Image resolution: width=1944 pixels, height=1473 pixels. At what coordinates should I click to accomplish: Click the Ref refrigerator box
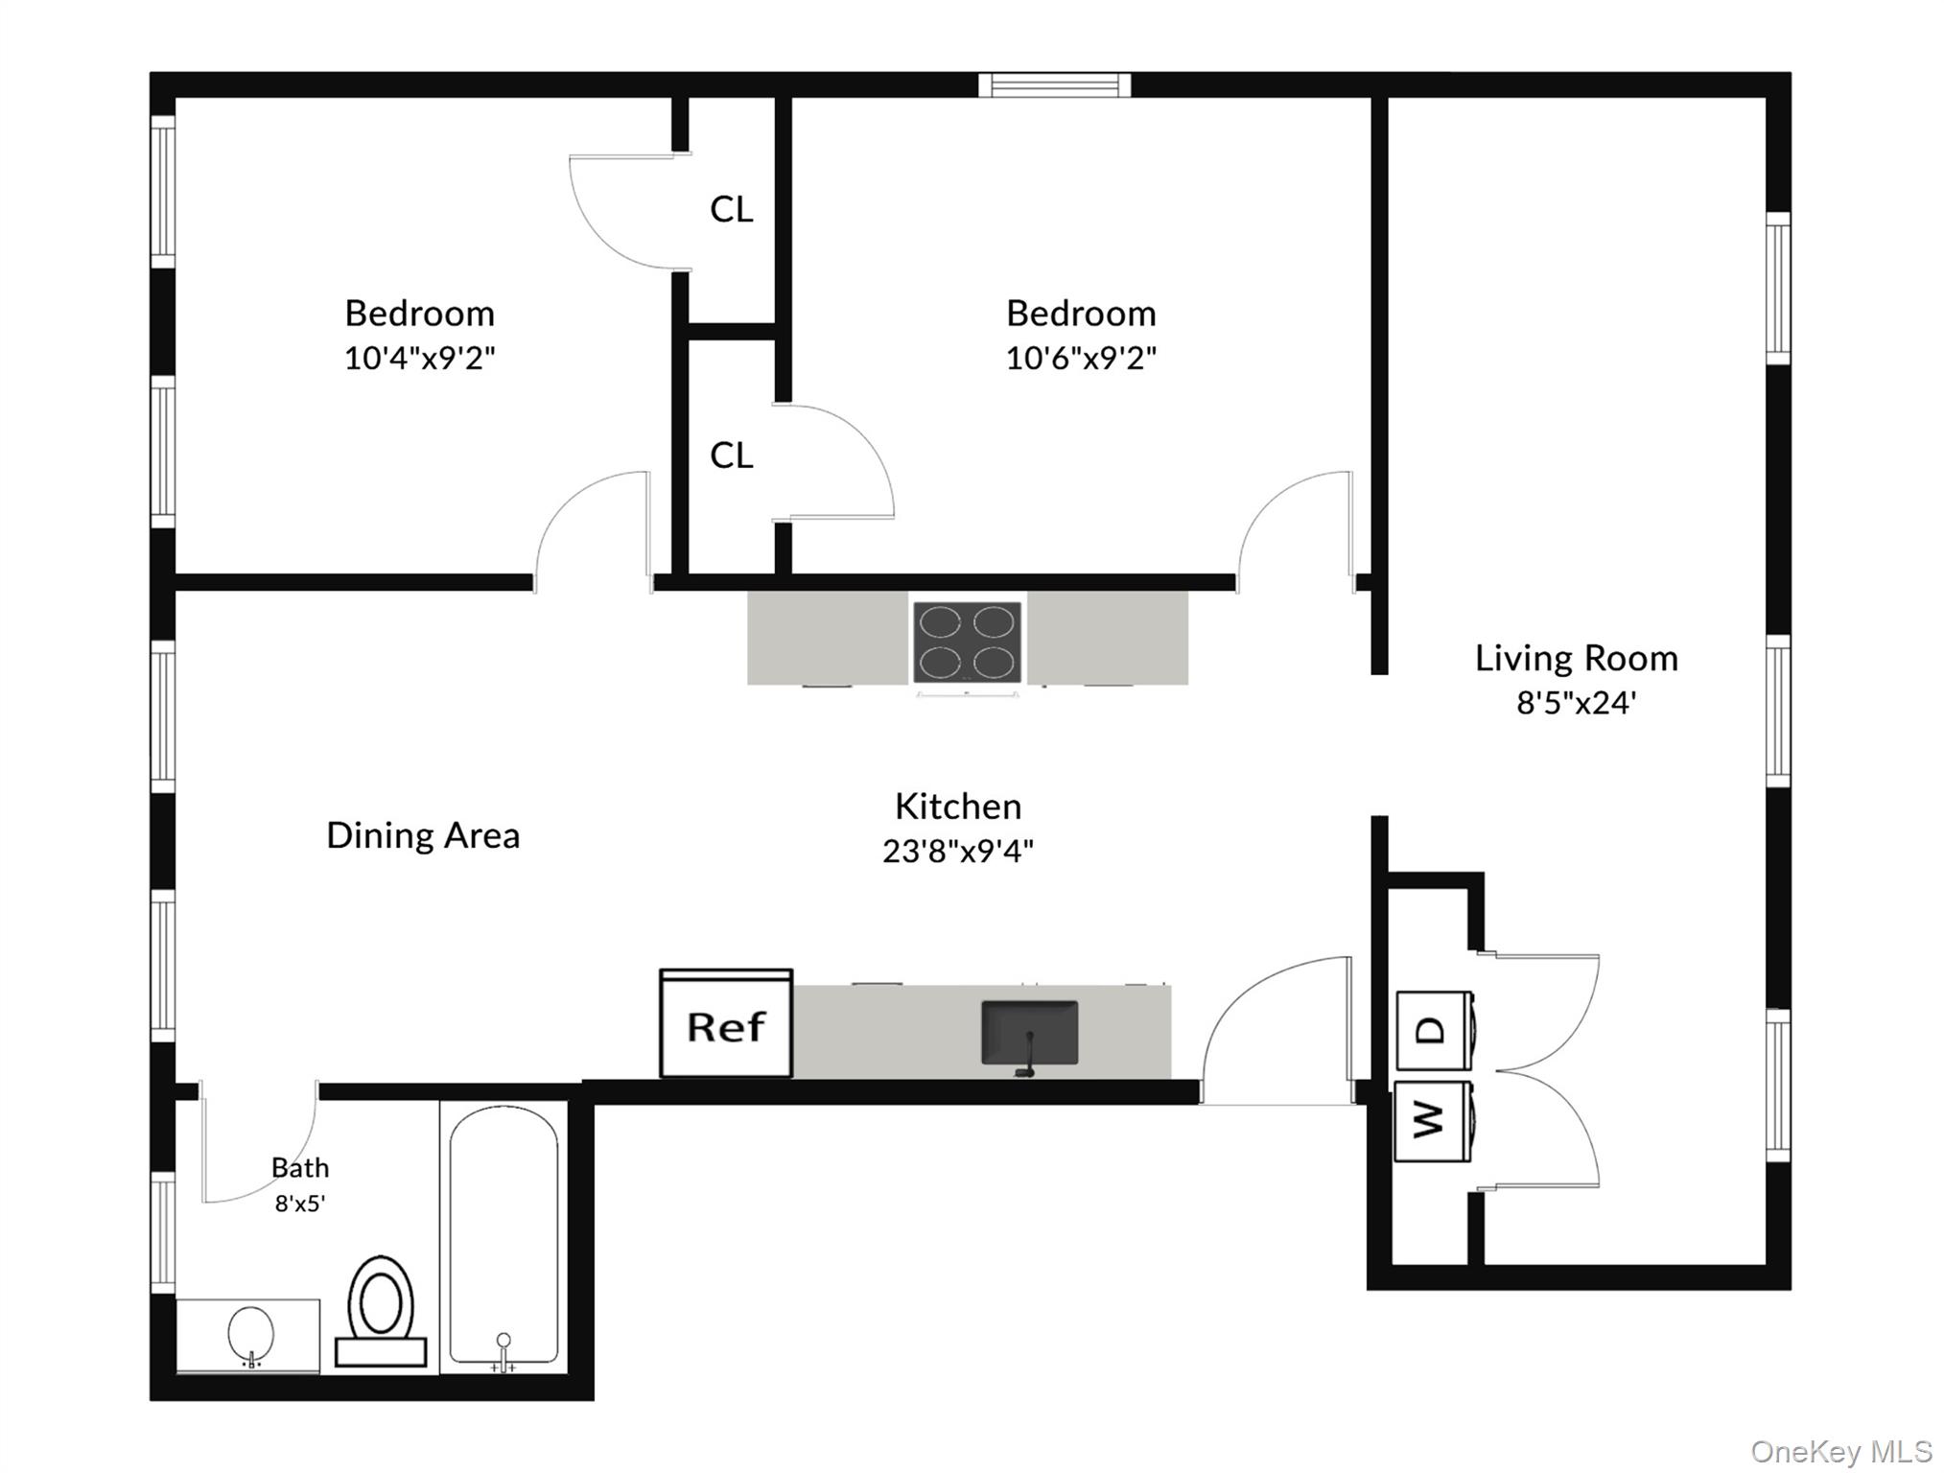click(x=726, y=1025)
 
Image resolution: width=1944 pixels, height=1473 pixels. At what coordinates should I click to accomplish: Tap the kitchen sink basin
click(x=1029, y=1033)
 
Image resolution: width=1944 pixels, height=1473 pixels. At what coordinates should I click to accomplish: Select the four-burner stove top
click(x=967, y=642)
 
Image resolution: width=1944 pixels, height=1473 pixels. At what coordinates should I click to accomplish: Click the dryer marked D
click(x=1434, y=1031)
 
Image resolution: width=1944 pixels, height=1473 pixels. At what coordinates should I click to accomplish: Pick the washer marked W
click(x=1432, y=1120)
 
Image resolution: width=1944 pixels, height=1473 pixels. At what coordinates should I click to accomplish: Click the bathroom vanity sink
click(x=250, y=1334)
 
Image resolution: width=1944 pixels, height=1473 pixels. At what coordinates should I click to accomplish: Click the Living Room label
click(x=1576, y=658)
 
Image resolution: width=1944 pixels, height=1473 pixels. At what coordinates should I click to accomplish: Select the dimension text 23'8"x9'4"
click(x=957, y=851)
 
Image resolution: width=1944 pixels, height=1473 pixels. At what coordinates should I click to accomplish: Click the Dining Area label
click(x=423, y=835)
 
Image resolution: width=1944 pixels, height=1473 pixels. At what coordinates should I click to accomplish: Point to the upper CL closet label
click(x=731, y=209)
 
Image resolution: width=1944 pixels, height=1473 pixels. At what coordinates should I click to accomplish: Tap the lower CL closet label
click(x=731, y=456)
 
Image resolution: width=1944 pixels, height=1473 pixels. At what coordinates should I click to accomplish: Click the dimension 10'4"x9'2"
click(x=419, y=358)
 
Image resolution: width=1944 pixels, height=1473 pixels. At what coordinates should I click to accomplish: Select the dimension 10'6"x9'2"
click(x=1080, y=358)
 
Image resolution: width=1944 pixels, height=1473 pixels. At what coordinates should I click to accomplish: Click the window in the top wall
click(x=1054, y=85)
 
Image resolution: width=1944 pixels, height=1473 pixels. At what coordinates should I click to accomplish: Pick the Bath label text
click(x=300, y=1167)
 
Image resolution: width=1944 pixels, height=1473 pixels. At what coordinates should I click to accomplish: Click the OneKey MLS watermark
click(x=1840, y=1451)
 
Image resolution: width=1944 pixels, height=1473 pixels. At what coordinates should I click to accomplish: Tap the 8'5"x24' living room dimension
click(x=1575, y=703)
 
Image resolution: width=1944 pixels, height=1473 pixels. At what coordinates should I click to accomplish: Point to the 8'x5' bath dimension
click(x=300, y=1203)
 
